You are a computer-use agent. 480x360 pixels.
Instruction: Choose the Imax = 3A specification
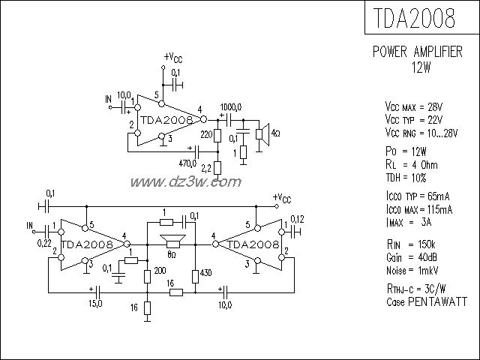pos(406,223)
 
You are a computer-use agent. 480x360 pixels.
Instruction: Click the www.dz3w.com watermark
pos(186,182)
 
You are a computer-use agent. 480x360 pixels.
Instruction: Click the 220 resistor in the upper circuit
pos(217,136)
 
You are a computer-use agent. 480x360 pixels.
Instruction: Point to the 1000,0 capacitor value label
pos(231,106)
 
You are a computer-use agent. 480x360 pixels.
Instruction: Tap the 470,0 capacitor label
pos(187,162)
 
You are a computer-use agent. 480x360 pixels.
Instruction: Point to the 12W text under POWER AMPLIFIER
pos(421,67)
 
